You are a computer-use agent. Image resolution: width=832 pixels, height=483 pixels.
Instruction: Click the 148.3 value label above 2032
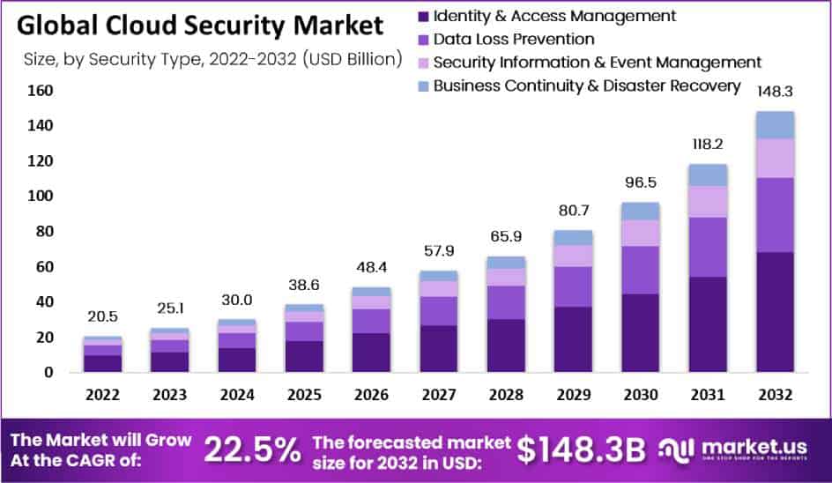pos(775,91)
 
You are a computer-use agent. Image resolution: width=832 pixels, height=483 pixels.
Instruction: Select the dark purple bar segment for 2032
pos(775,312)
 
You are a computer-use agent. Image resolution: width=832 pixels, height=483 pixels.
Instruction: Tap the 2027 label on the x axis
pos(438,394)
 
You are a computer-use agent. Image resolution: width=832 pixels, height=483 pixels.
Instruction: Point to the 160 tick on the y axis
pos(41,91)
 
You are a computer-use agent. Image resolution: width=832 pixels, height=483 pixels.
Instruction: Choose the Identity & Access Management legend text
pos(555,16)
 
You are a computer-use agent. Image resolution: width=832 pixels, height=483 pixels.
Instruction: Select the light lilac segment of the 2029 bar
pos(574,256)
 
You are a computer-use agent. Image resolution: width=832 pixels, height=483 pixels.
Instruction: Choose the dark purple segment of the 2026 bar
pos(371,352)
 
